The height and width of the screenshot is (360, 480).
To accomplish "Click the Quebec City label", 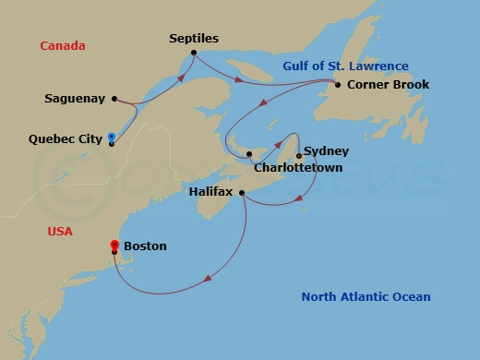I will click(65, 139).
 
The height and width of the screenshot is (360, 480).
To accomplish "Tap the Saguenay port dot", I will click(114, 98).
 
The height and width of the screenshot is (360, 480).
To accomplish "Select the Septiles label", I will click(194, 39).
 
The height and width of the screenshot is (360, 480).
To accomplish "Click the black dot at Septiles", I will click(194, 53).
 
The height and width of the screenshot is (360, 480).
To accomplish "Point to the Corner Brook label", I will click(388, 85).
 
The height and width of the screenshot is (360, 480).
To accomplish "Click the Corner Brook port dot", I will click(338, 85).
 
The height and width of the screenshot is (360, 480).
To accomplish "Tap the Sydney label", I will click(327, 150).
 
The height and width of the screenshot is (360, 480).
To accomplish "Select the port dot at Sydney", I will click(299, 155).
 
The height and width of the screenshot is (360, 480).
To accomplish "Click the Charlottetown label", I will click(298, 168).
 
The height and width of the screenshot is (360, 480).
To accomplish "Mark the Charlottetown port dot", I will click(250, 154).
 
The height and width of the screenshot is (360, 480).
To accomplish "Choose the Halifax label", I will click(210, 192).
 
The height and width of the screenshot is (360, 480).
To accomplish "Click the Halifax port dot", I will click(242, 193).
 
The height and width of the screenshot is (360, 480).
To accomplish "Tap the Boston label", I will click(145, 246).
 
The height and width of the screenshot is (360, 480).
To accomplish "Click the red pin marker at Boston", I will click(114, 246).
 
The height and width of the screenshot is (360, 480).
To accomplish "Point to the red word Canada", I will click(63, 45).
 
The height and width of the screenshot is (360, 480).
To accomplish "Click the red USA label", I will click(60, 231).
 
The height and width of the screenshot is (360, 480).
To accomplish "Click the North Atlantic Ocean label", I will click(366, 296).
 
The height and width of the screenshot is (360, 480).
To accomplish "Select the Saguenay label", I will click(74, 98).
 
